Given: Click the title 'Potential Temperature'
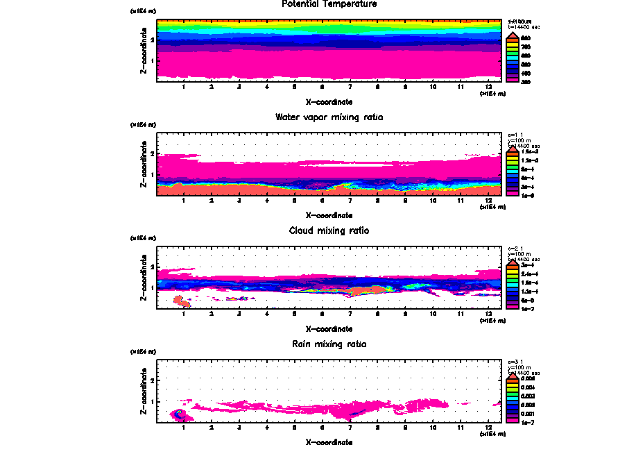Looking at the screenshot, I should click(329, 4).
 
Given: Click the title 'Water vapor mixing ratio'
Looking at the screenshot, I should click(329, 117).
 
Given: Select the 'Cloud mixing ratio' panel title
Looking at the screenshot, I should click(329, 230).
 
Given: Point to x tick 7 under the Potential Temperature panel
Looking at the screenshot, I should click(350, 87).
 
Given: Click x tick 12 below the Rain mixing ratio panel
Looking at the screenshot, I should click(488, 428).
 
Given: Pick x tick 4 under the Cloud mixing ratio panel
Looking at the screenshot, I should click(267, 314).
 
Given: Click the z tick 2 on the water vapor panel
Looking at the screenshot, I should click(151, 154).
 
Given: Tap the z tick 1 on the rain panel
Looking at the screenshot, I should click(151, 401).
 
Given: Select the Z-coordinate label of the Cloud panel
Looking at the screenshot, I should click(144, 280).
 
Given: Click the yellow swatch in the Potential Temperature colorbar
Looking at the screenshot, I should click(512, 46).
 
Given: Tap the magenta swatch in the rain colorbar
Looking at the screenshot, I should click(512, 419).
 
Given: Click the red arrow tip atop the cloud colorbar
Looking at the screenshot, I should click(512, 262).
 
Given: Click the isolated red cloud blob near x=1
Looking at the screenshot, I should click(182, 301).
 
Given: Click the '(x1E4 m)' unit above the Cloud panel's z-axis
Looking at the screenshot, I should click(144, 239).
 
